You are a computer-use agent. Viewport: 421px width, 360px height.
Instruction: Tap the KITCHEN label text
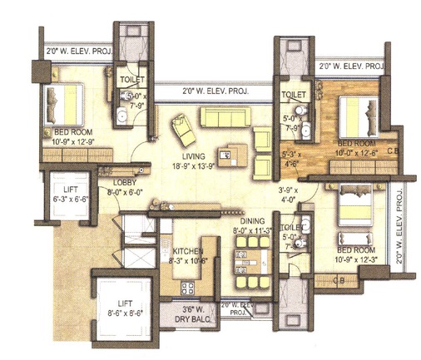[188, 250]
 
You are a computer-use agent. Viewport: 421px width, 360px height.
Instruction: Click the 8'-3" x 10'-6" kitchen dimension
[188, 261]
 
